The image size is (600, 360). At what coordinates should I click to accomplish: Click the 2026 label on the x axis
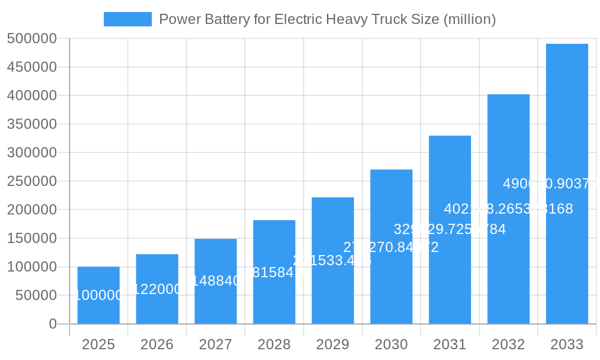pyautogui.click(x=157, y=344)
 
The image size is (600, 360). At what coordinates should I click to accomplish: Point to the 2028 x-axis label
pyautogui.click(x=274, y=344)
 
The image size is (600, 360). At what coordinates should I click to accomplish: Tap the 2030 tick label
pyautogui.click(x=391, y=344)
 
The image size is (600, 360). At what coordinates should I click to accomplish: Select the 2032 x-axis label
pyautogui.click(x=508, y=344)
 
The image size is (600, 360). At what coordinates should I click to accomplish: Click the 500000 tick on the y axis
pyautogui.click(x=32, y=39)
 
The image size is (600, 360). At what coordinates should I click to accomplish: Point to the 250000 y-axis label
pyautogui.click(x=32, y=181)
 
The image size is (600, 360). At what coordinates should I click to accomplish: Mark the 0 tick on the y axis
pyautogui.click(x=53, y=324)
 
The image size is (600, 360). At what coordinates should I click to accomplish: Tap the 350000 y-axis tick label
pyautogui.click(x=32, y=124)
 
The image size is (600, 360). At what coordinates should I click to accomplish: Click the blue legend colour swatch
pyautogui.click(x=128, y=19)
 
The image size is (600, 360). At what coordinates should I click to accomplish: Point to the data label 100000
pyautogui.click(x=98, y=295)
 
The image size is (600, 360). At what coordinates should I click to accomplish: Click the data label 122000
pyautogui.click(x=157, y=289)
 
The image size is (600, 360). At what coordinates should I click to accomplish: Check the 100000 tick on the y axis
pyautogui.click(x=32, y=267)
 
